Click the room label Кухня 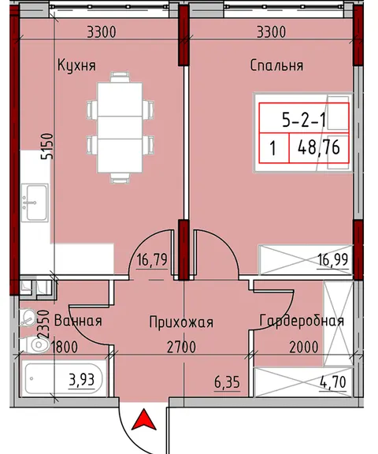[76, 65]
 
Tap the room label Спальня [276, 65]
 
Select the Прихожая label [181, 322]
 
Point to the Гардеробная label [302, 321]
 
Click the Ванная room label [78, 321]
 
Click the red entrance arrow [144, 419]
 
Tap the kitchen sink [35, 203]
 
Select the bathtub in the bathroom [64, 379]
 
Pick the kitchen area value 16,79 [152, 260]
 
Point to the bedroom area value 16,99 [332, 259]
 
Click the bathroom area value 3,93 [82, 379]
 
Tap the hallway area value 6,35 [227, 382]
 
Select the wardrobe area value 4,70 [333, 381]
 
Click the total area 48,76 [318, 147]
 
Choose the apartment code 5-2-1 [304, 120]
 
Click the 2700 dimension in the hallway [181, 347]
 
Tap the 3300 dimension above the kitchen [102, 32]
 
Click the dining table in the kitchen [120, 128]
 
